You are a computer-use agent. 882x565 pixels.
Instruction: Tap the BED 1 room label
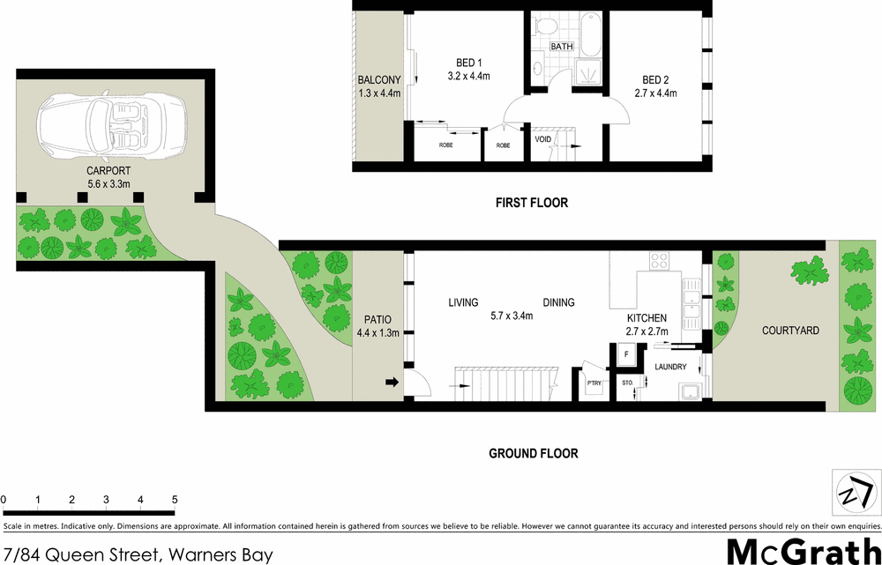(467, 63)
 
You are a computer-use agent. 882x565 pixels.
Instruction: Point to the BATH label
(562, 46)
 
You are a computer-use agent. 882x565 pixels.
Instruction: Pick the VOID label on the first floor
(544, 138)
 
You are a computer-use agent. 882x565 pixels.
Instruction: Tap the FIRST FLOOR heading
(531, 203)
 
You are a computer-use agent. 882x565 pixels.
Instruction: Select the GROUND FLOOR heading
(534, 454)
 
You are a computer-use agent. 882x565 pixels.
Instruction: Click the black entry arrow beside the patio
(391, 382)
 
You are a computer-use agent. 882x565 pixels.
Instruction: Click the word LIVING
(463, 302)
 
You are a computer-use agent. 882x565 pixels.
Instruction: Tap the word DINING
(558, 302)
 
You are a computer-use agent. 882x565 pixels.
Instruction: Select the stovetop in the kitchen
(659, 260)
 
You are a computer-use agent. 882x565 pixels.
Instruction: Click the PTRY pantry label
(594, 383)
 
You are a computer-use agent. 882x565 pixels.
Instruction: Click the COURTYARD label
(790, 331)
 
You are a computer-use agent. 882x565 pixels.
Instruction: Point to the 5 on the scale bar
(175, 500)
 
